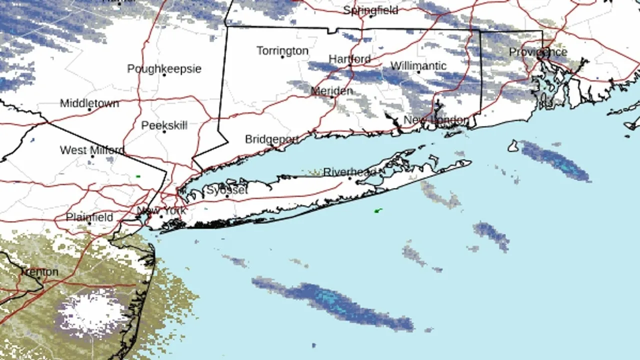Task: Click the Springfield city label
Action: (370, 10)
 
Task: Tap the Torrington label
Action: (282, 50)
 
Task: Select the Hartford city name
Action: (349, 59)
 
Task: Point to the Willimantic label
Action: (418, 65)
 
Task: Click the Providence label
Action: (538, 52)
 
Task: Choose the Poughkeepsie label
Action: (164, 68)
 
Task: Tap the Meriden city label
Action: (331, 91)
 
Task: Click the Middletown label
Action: (89, 103)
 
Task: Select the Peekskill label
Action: (164, 125)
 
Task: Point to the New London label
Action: (436, 120)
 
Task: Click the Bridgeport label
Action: (271, 139)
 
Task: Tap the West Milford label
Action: (92, 150)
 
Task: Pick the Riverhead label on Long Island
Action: (349, 172)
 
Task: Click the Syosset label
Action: (226, 190)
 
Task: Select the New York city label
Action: (161, 211)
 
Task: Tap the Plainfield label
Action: (89, 217)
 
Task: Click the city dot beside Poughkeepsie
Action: (164, 75)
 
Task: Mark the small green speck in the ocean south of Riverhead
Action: (378, 211)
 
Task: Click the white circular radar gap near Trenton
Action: (92, 312)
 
